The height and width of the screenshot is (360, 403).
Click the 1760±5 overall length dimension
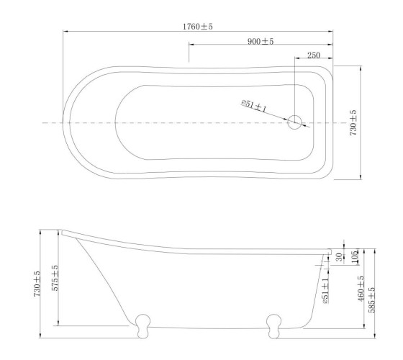198,26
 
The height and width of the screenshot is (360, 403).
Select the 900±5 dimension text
261,41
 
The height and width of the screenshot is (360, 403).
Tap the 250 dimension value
314,55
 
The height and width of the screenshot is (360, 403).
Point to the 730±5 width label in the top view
353,122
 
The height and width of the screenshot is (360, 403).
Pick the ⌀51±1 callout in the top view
253,106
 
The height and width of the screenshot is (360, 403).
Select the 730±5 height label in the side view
37,284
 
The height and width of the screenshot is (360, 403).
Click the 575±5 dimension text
55,278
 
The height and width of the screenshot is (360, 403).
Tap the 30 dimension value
339,257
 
